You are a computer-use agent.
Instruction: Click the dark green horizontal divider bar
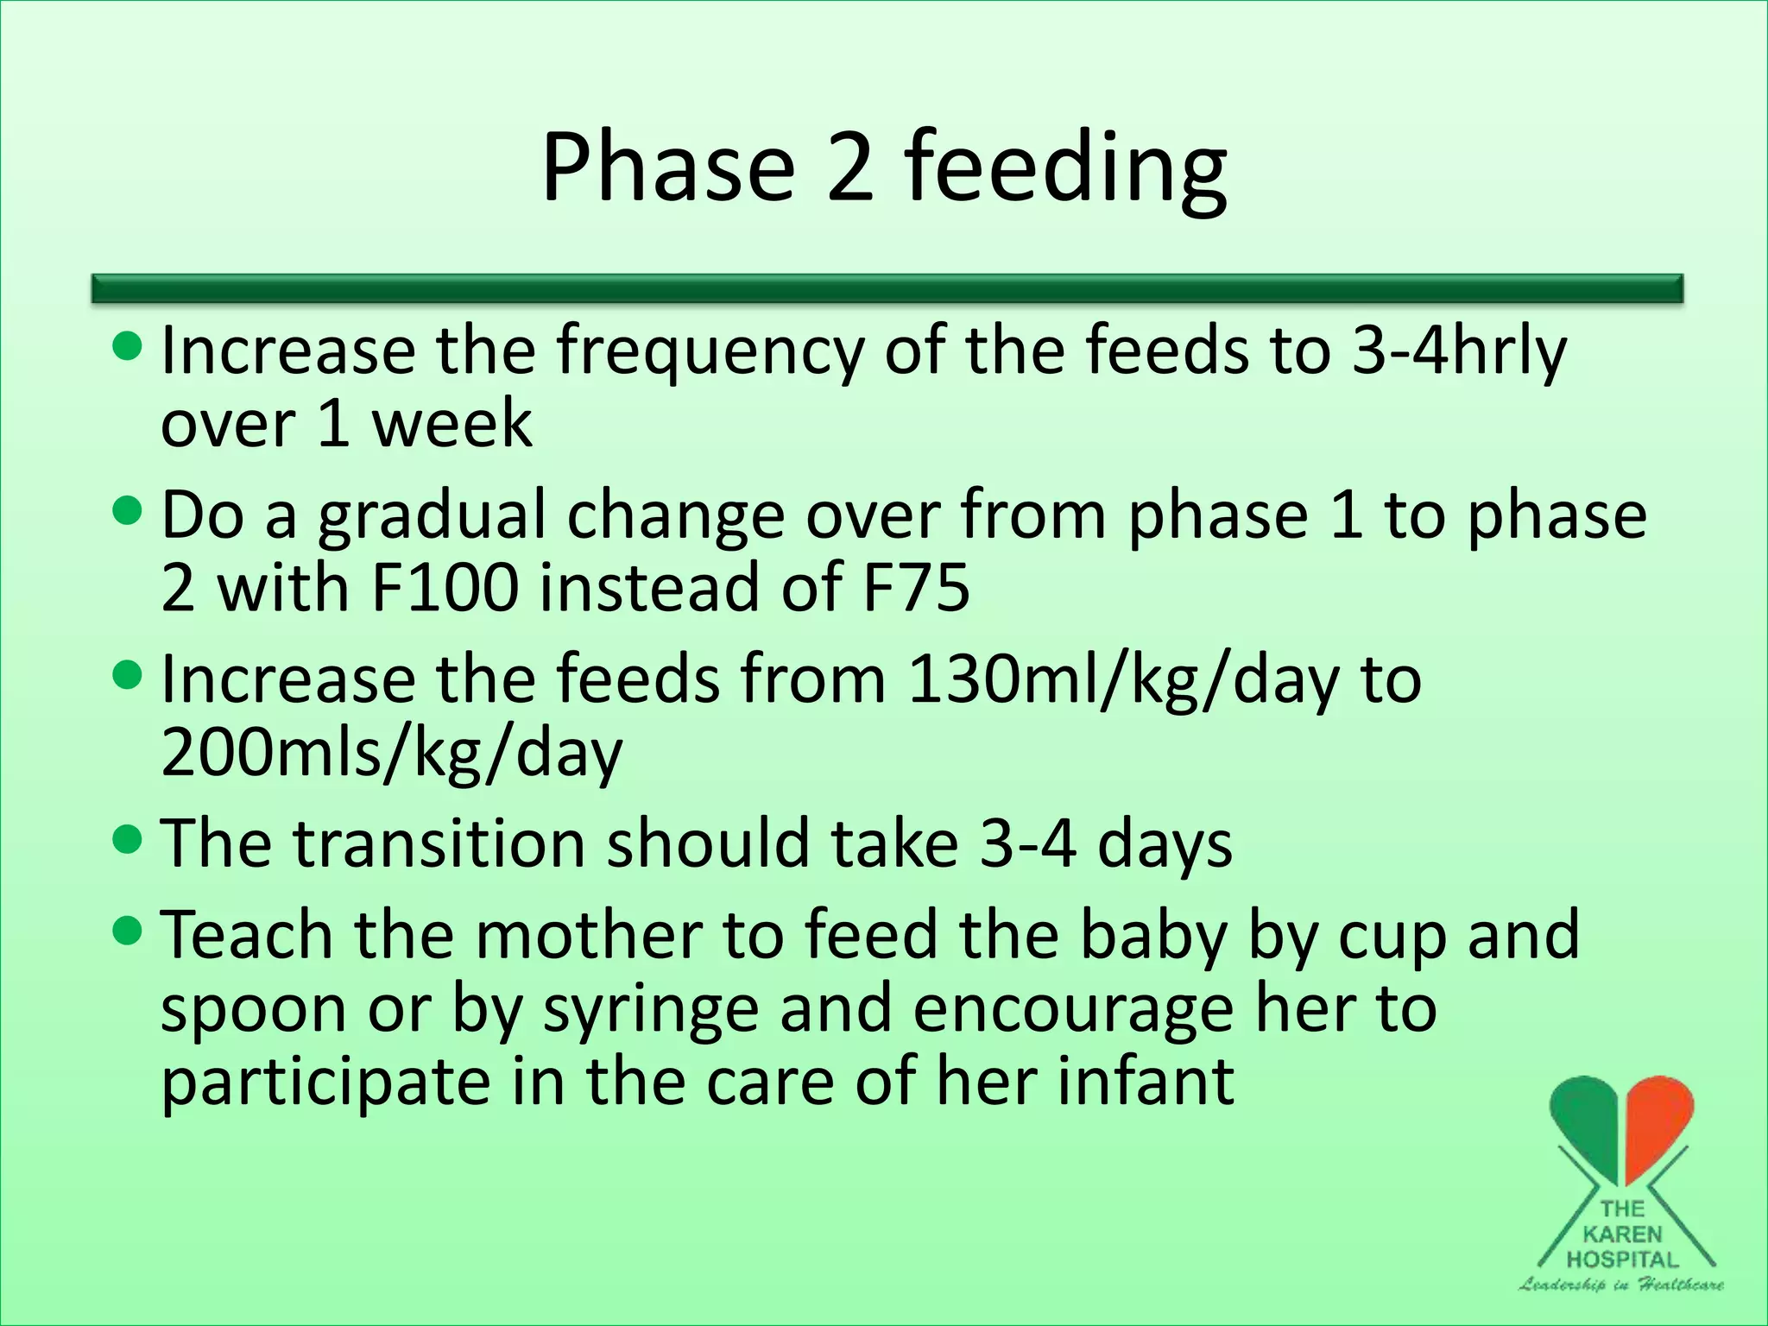887,288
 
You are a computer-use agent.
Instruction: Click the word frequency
709,352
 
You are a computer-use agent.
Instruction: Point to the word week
451,425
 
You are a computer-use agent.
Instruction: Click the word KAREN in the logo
1621,1234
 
